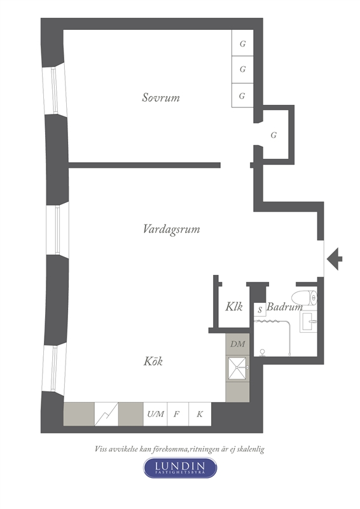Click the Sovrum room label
coord(161,97)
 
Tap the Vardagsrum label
coord(171,229)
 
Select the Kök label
coord(153,361)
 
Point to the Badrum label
coord(284,307)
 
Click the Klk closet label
coord(234,307)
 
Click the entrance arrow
coord(335,259)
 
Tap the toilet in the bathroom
coord(304,298)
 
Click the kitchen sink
coord(238,368)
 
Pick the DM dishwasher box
coord(238,344)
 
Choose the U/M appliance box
coord(155,414)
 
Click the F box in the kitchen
coord(178,414)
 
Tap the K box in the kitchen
coord(200,414)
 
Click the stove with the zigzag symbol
coord(106,414)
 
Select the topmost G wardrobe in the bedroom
coord(242,43)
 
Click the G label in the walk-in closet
coord(273,135)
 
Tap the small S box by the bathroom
coord(260,310)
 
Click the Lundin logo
coord(180,468)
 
